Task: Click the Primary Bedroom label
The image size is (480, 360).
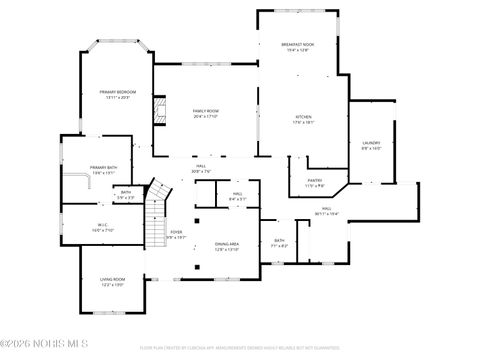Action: pos(117,92)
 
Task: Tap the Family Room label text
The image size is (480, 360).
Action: pos(206,110)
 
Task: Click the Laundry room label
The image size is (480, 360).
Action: pos(370,143)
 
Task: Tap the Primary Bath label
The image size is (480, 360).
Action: pos(103,167)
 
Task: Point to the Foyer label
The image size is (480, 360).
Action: pos(176,232)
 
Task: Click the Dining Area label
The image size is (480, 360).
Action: pos(227,244)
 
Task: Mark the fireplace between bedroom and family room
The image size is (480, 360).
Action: pos(158,112)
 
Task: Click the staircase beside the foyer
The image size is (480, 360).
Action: pos(155,215)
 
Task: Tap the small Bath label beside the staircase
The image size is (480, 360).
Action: pos(126,192)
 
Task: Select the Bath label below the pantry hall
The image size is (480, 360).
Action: pos(280,240)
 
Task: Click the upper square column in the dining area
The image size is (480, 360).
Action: pos(199,219)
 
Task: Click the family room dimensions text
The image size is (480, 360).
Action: pos(206,116)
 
